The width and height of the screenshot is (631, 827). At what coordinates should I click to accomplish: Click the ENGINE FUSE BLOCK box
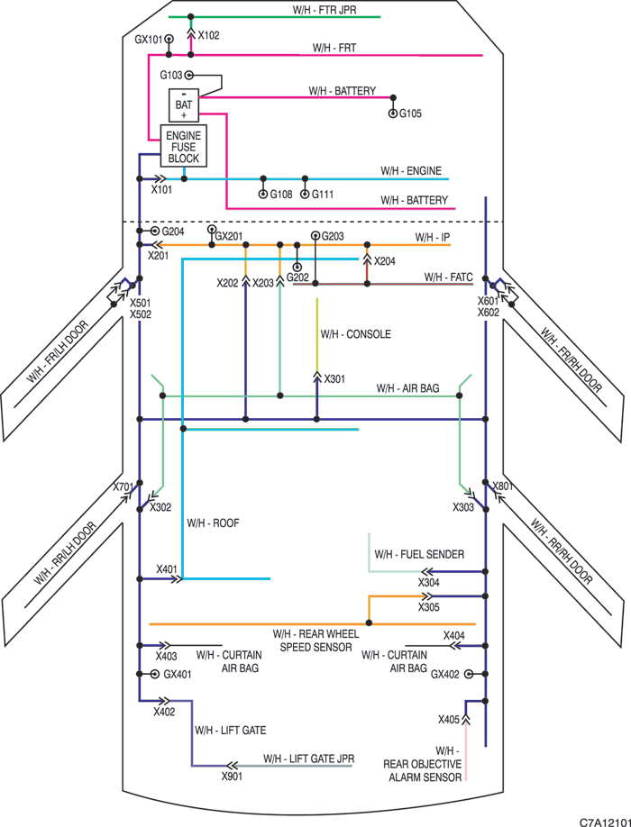click(184, 146)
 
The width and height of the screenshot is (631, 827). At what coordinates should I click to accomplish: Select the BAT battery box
click(184, 105)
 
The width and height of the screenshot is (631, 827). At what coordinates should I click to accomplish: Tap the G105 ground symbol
click(392, 114)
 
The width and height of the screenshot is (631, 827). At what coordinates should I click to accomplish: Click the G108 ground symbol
click(263, 195)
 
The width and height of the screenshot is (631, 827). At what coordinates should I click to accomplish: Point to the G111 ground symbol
click(305, 195)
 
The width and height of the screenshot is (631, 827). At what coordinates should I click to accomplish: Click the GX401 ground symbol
click(154, 674)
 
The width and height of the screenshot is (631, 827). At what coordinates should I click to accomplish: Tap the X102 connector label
click(208, 35)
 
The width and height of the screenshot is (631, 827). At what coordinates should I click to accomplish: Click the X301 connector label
click(334, 378)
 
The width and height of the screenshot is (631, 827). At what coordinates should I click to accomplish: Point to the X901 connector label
click(233, 777)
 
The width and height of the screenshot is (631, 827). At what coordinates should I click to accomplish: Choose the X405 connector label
click(449, 720)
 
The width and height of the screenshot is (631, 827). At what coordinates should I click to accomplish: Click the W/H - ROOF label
click(213, 523)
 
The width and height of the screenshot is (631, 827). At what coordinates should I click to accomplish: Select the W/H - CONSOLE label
click(355, 334)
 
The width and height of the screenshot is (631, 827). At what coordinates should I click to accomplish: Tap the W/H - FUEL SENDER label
click(419, 554)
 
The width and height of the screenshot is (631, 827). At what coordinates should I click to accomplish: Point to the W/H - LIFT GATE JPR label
click(308, 759)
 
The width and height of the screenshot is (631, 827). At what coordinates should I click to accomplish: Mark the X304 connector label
click(429, 583)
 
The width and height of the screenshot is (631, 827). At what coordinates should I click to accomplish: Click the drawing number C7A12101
click(605, 822)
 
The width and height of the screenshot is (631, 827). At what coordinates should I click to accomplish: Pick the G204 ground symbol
click(154, 231)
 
